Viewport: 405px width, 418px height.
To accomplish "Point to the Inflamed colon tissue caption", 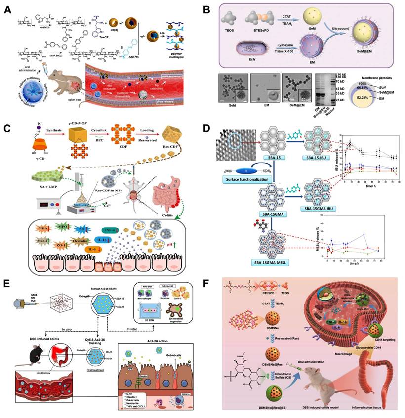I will point(366,407).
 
